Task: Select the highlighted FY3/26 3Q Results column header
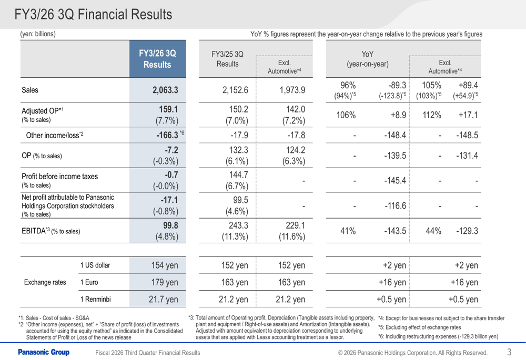[x=157, y=59]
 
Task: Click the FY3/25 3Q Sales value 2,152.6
[x=235, y=90]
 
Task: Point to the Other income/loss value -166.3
[x=164, y=135]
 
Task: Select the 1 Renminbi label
[x=95, y=300]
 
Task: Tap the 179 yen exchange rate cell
[x=165, y=283]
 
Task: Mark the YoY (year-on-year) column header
[x=367, y=59]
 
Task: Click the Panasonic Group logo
[x=44, y=352]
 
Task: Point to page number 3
[x=509, y=352]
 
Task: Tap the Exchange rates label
[x=45, y=283]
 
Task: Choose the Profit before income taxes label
[x=59, y=176]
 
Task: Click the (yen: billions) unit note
[x=38, y=34]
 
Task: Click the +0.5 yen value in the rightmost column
[x=463, y=300]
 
